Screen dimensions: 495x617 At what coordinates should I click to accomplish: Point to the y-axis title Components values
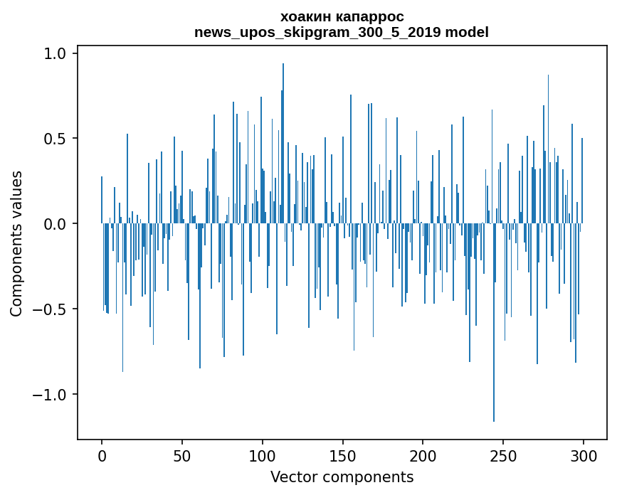click(x=16, y=243)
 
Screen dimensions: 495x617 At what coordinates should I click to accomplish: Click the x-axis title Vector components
click(x=342, y=477)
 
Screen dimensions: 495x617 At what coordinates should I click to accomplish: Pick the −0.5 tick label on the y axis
click(x=50, y=309)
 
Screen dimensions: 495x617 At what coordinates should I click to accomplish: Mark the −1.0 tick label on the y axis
click(x=50, y=395)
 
